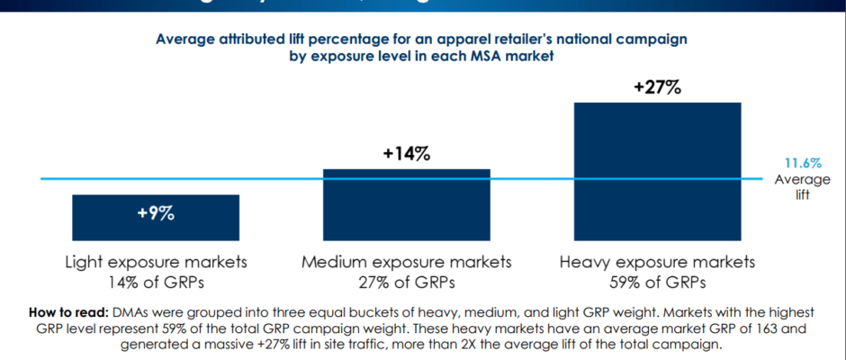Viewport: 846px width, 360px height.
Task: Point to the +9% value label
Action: tap(155, 214)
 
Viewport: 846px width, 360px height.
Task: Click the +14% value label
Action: tap(406, 153)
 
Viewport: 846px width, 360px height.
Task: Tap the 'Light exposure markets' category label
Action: tap(156, 263)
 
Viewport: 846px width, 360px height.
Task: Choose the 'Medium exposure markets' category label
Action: tap(406, 263)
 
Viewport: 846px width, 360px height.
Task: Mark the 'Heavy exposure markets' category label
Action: tap(657, 263)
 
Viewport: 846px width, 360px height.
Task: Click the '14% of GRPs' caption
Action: tap(156, 283)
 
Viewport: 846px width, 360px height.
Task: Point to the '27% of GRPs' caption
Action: tap(406, 283)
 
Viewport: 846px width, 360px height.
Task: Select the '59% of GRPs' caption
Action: tap(657, 283)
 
